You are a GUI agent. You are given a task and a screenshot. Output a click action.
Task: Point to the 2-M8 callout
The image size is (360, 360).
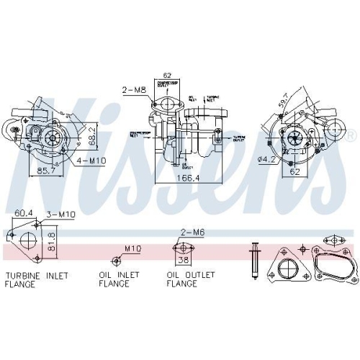(134, 90)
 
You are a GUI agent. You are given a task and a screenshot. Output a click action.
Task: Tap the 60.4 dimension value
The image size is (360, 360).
(24, 212)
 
